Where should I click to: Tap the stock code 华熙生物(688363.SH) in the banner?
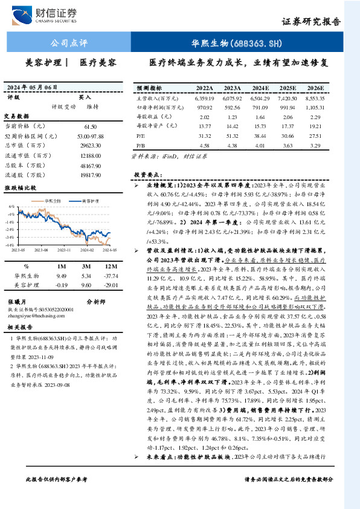pyautogui.click(x=236, y=44)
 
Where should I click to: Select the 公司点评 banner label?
pyautogui.click(x=69, y=44)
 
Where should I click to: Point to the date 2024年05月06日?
pyautogui.click(x=40, y=86)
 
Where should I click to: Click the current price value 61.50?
pyautogui.click(x=91, y=126)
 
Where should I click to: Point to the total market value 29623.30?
pyautogui.click(x=89, y=146)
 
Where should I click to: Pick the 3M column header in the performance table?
pyautogui.click(x=87, y=266)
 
